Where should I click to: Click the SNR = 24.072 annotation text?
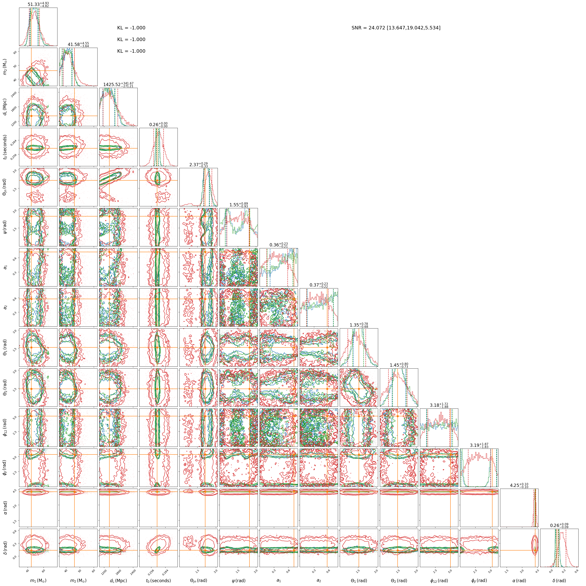coord(396,28)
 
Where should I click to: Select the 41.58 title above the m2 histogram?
coord(78,45)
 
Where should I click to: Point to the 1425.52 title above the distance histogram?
coord(118,85)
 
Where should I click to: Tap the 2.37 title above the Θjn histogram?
coord(199,165)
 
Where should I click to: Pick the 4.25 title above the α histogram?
coord(519,485)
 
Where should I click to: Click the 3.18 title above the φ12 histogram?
coord(439,405)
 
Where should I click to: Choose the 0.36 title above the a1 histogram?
coord(279,245)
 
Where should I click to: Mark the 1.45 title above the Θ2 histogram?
coord(399,365)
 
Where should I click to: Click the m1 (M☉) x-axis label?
coord(38,580)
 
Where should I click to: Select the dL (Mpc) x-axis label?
coord(118,580)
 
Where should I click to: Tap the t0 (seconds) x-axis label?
coord(158,580)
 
